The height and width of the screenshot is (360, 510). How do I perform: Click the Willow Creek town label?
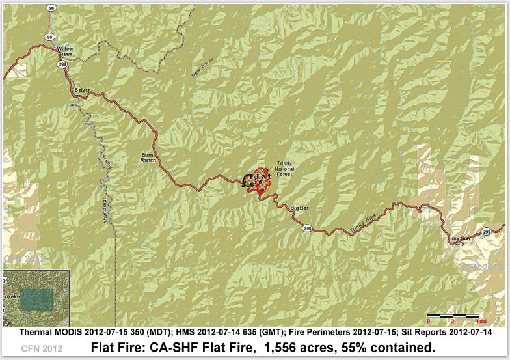coord(66,51)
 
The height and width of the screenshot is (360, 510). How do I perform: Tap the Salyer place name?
coord(82,89)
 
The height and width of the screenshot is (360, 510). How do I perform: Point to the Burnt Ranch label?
coord(149,157)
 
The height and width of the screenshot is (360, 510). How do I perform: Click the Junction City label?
coord(460,242)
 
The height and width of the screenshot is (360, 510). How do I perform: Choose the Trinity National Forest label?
coord(285,168)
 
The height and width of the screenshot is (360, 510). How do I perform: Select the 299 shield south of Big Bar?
coord(306,228)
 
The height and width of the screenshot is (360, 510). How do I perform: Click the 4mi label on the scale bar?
coord(481,322)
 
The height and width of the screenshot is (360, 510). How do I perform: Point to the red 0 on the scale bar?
coord(429,322)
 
